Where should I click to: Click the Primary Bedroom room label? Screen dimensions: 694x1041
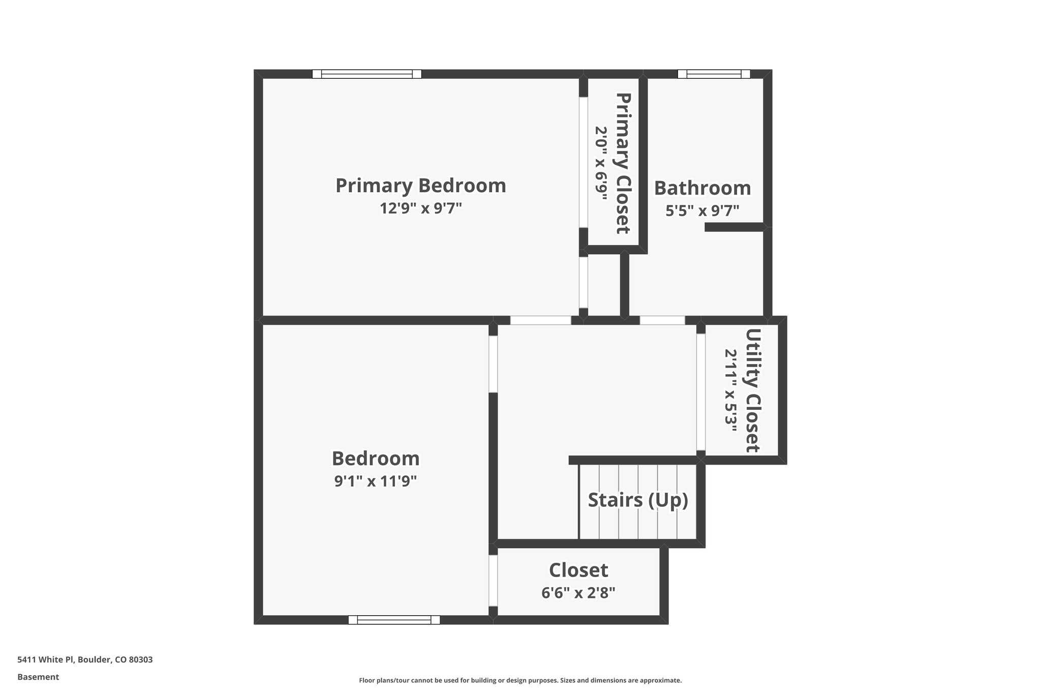(420, 186)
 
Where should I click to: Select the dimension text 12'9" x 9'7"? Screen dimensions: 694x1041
(420, 208)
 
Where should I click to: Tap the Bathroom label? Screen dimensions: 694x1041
(702, 188)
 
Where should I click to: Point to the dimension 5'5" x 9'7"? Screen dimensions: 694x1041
(702, 210)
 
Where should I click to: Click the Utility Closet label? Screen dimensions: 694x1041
(753, 390)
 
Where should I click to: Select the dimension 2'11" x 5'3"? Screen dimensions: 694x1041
(731, 390)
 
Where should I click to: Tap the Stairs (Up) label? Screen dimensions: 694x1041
(638, 500)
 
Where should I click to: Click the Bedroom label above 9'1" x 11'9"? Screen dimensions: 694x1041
(376, 459)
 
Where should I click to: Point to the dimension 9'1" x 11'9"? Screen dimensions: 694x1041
(376, 481)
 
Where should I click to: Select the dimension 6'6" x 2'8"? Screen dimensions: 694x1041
(578, 593)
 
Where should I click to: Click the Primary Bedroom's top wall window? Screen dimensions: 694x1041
(366, 74)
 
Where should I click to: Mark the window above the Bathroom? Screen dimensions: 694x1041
(714, 74)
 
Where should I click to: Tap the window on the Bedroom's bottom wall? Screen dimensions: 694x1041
(394, 620)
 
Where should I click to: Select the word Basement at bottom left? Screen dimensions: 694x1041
(38, 677)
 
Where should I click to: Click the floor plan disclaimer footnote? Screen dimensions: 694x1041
(520, 680)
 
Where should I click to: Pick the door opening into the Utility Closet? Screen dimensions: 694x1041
(701, 392)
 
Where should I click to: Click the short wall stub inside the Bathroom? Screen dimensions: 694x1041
(734, 227)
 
